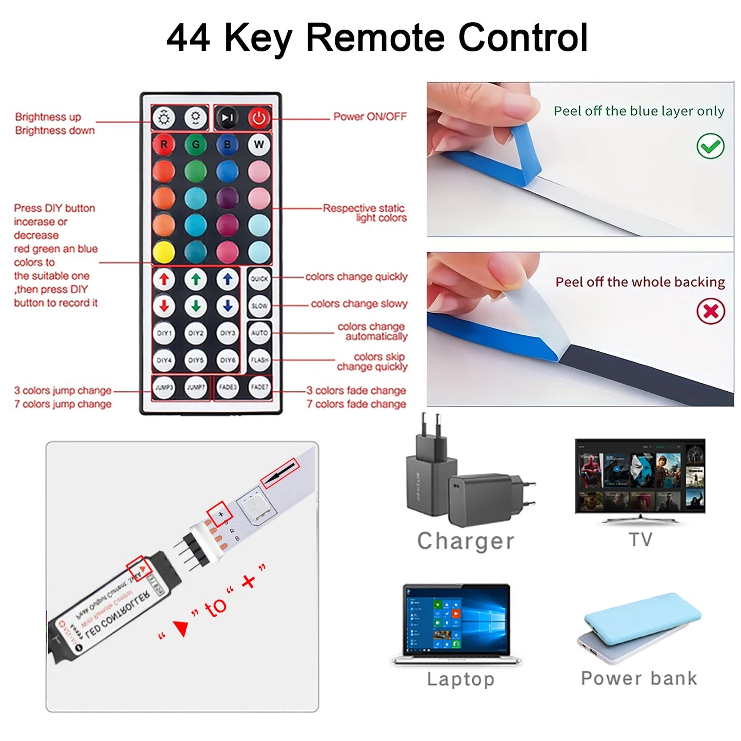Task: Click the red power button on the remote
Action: [x=259, y=118]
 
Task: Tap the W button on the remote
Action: [x=259, y=145]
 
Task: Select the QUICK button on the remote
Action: [x=259, y=279]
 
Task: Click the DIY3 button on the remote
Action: [x=227, y=333]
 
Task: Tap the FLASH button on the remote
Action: [x=259, y=360]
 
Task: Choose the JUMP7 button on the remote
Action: [x=195, y=387]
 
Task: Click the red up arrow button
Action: [x=164, y=279]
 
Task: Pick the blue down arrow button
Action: [x=227, y=306]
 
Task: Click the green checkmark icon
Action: [x=710, y=146]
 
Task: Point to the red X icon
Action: [x=710, y=311]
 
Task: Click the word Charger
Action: [x=465, y=541]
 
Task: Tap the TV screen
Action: [x=640, y=475]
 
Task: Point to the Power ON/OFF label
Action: [x=370, y=116]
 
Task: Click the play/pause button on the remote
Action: [x=227, y=118]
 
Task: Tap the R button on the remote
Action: [x=164, y=145]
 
